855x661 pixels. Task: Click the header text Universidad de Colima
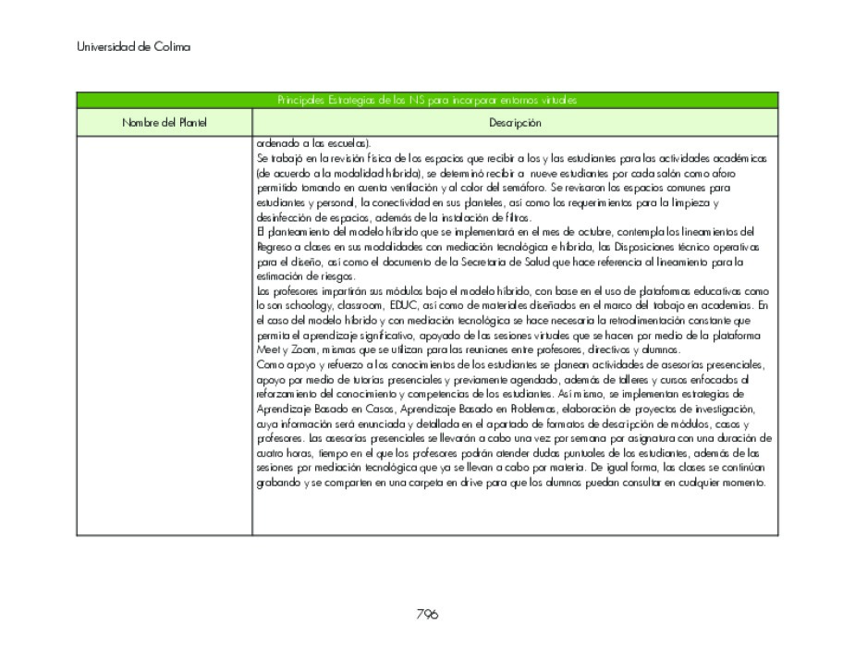(x=134, y=47)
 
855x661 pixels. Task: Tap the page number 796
(x=426, y=614)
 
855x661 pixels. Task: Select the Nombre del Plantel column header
(x=165, y=123)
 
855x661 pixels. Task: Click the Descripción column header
(x=515, y=123)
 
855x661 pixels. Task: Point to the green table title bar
(x=426, y=100)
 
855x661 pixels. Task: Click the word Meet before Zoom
(x=267, y=350)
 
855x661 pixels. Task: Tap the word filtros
(x=501, y=217)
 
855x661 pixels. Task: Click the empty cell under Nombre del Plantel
(x=165, y=333)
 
